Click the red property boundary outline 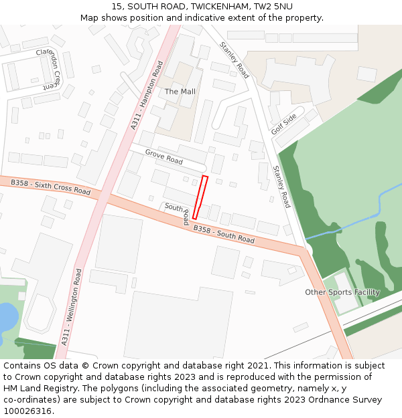[200, 197]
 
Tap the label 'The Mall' [180, 92]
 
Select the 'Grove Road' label [164, 157]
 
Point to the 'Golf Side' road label [284, 124]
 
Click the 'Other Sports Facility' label [342, 292]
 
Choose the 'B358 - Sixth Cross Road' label [51, 187]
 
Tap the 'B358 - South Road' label [224, 235]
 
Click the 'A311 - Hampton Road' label [147, 94]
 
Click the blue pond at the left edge [5, 317]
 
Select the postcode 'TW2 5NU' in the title [273, 7]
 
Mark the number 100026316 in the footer [27, 411]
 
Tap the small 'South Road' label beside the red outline [178, 213]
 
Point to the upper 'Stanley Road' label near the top [234, 60]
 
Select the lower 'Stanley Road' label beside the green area [281, 187]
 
